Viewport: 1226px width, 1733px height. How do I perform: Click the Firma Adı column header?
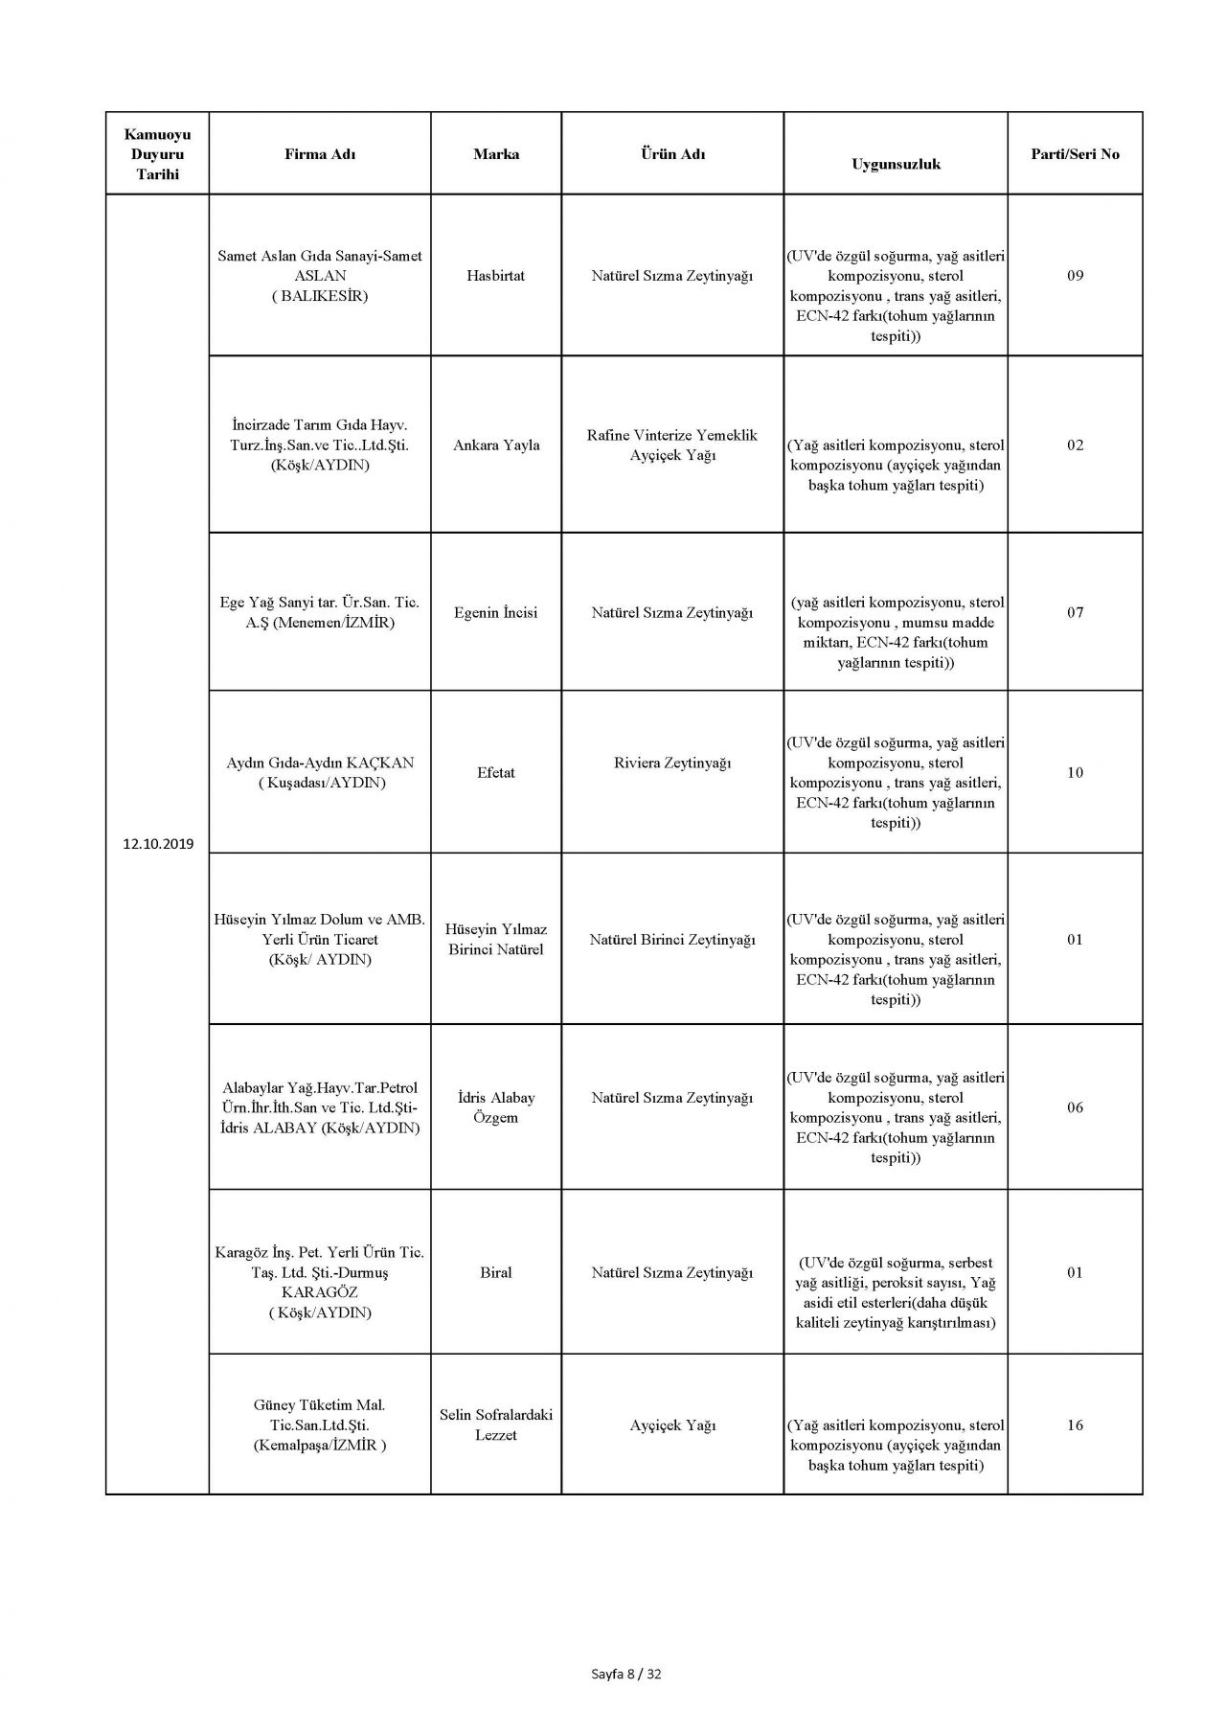click(x=320, y=154)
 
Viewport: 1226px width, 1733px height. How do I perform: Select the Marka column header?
click(x=496, y=154)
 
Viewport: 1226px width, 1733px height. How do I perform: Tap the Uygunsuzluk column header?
click(x=896, y=164)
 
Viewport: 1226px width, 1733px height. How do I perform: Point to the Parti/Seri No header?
click(x=1075, y=154)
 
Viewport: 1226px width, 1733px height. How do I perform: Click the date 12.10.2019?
click(x=158, y=844)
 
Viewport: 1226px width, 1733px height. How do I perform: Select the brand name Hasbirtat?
click(x=496, y=276)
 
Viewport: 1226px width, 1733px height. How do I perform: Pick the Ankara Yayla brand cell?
click(x=496, y=445)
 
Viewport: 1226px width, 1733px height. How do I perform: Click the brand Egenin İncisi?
click(x=496, y=613)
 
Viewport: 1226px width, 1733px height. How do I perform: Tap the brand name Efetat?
click(x=496, y=773)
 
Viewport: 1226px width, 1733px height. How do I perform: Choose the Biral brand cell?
click(x=496, y=1273)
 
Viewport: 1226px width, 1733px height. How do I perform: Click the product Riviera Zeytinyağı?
click(x=672, y=764)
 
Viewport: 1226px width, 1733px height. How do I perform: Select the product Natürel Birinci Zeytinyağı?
click(x=672, y=940)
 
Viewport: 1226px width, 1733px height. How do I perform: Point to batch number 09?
click(x=1075, y=276)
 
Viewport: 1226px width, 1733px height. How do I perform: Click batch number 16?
click(x=1075, y=1425)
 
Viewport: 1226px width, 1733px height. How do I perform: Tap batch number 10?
click(x=1075, y=773)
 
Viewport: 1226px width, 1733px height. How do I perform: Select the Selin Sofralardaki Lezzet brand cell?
click(x=496, y=1425)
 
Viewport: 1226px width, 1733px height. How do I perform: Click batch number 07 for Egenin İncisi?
click(x=1075, y=613)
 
